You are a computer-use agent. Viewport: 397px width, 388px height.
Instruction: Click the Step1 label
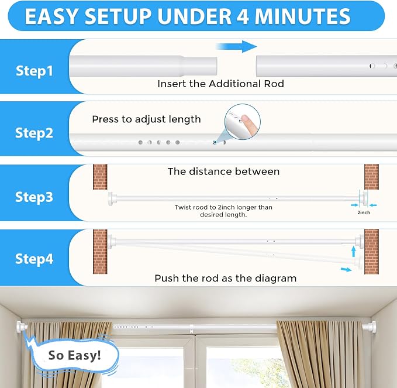coord(34,71)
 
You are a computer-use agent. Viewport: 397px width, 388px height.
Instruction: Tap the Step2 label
coord(34,133)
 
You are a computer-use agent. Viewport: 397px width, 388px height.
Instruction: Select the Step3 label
coord(34,197)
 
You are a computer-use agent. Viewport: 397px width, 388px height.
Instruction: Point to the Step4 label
coord(34,259)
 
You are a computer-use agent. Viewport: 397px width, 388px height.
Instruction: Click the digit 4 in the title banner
coord(243,16)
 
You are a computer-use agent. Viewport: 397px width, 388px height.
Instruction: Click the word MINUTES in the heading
coord(302,16)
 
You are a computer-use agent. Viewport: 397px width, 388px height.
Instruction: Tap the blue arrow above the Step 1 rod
coord(237,47)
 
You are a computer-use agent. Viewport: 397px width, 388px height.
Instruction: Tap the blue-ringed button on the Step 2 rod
coord(215,142)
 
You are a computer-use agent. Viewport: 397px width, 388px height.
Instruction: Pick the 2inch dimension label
coord(364,212)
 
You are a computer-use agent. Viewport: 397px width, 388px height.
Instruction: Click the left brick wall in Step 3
coord(100,177)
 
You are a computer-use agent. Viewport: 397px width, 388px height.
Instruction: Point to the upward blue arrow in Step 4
coord(354,252)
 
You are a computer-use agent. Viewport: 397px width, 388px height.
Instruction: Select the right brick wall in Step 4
coord(372,252)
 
